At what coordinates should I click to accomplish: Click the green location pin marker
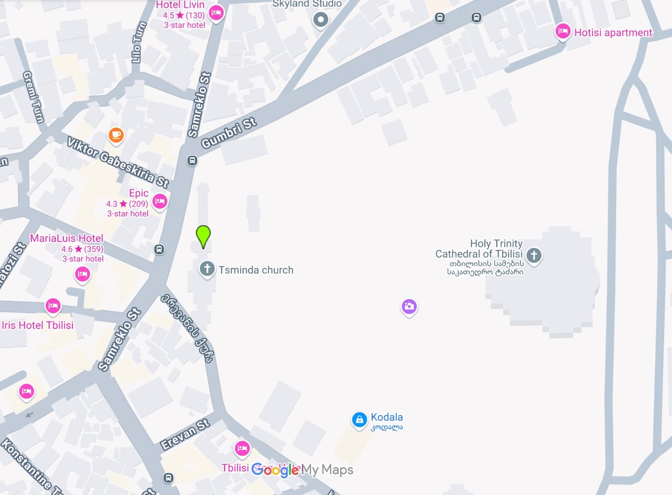click(203, 236)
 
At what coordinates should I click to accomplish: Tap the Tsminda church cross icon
click(207, 269)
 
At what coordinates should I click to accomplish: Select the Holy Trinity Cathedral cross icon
click(534, 255)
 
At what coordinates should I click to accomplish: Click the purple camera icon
click(409, 306)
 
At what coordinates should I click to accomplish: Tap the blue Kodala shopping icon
click(359, 419)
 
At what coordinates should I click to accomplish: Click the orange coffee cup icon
click(116, 135)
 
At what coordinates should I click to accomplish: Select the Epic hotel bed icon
click(160, 201)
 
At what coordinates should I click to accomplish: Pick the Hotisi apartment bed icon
click(563, 31)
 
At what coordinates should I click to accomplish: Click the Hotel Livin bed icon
click(216, 12)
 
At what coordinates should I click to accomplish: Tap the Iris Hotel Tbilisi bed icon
click(53, 306)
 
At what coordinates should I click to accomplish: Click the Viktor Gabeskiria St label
click(118, 163)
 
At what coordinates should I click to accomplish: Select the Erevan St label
click(185, 434)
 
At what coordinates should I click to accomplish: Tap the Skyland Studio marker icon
click(320, 19)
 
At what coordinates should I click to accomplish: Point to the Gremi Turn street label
click(33, 97)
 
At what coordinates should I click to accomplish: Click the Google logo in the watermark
click(275, 470)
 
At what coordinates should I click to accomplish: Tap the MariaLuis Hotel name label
click(67, 238)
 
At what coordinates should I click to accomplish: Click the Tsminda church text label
click(256, 270)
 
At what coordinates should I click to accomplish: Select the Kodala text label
click(387, 417)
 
